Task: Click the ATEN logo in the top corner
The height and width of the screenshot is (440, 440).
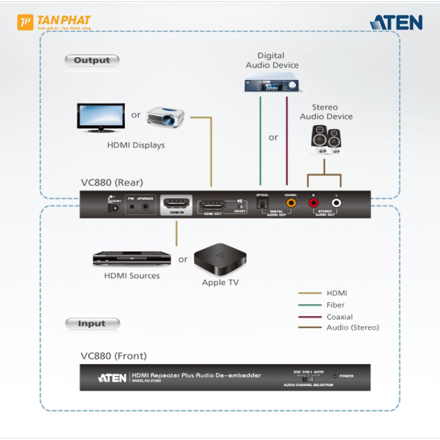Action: pos(396,22)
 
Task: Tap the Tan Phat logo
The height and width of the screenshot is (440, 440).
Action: pos(54,22)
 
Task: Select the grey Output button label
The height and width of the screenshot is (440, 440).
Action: pos(92,61)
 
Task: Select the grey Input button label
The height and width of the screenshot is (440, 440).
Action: pos(92,324)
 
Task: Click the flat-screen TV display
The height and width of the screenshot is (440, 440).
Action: pos(101,117)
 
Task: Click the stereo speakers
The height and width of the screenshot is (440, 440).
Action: pos(325,140)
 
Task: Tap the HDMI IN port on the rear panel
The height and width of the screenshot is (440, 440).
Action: pos(176,203)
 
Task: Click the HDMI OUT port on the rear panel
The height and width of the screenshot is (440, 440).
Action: pos(213,205)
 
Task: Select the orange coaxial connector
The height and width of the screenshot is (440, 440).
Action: pos(291,203)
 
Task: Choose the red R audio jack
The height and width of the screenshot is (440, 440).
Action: pos(313,203)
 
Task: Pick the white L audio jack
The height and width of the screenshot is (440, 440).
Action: pos(336,203)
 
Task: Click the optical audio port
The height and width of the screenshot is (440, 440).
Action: pos(262,203)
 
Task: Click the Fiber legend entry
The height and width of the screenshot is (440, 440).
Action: pos(335,305)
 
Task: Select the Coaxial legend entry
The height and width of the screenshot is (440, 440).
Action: pos(339,317)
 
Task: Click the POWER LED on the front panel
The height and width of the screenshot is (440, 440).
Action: pos(335,376)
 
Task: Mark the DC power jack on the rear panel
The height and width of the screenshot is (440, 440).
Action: pos(115,207)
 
